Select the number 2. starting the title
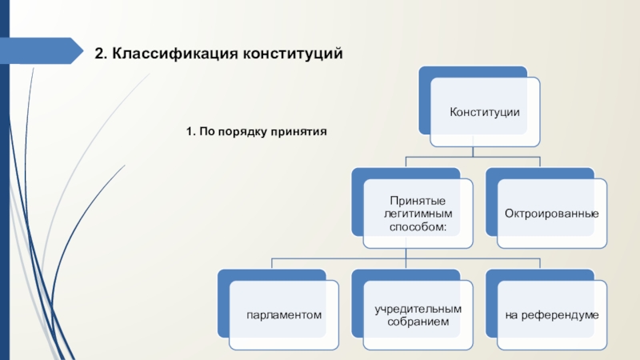point(100,54)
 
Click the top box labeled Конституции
point(485,112)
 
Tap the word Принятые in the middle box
point(417,200)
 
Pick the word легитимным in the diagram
point(417,214)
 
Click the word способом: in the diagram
point(417,227)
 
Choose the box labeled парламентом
point(285,315)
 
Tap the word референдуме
point(562,315)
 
